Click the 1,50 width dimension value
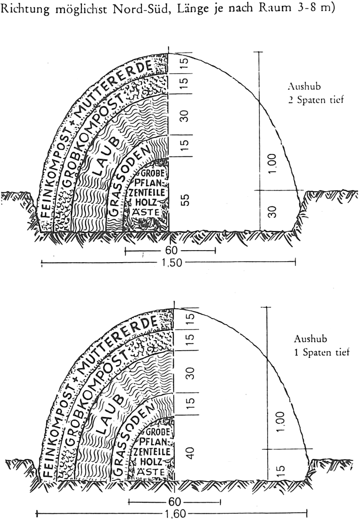pyautogui.click(x=172, y=263)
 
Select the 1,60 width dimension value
pyautogui.click(x=175, y=514)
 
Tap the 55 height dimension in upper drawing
pyautogui.click(x=186, y=200)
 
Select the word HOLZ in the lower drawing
pyautogui.click(x=151, y=461)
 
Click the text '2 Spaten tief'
pyautogui.click(x=316, y=100)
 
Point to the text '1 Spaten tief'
pyautogui.click(x=321, y=352)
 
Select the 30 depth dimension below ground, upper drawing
pyautogui.click(x=272, y=212)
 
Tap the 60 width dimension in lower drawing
pyautogui.click(x=175, y=502)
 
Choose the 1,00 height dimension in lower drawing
pyautogui.click(x=281, y=421)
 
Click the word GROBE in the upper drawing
pyautogui.click(x=153, y=173)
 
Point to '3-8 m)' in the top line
pyautogui.click(x=313, y=8)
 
